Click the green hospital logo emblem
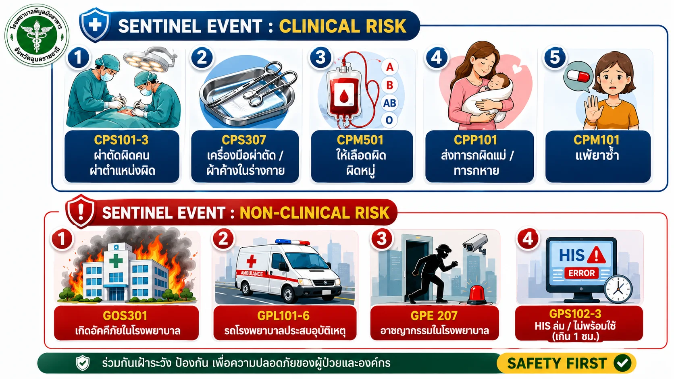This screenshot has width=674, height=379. (37, 35)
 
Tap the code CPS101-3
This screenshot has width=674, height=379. (121, 140)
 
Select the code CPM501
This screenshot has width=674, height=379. (360, 140)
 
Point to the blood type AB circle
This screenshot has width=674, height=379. (390, 103)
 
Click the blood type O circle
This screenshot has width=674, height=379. (389, 120)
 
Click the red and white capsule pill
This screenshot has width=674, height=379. (578, 76)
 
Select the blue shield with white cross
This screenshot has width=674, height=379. (94, 25)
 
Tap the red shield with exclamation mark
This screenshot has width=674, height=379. (81, 211)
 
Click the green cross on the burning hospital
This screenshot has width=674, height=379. (116, 260)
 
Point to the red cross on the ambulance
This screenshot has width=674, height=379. (251, 261)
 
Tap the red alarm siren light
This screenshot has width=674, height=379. (477, 294)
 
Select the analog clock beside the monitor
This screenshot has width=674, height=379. (618, 290)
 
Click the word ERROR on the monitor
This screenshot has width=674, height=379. (581, 273)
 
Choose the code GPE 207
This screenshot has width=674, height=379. (434, 316)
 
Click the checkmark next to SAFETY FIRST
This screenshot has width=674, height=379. (622, 363)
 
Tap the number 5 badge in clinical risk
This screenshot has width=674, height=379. (555, 58)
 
